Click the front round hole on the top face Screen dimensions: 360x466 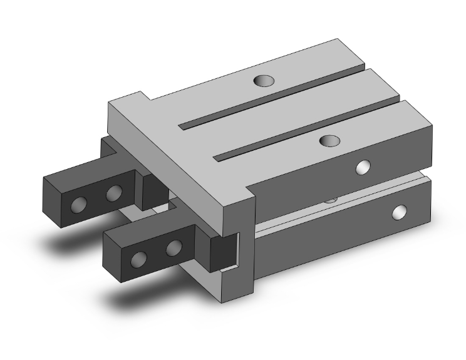[x=329, y=140]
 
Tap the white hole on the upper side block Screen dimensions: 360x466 [x=362, y=167]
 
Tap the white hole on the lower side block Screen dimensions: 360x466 [x=398, y=213]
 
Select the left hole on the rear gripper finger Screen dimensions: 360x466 [x=80, y=205]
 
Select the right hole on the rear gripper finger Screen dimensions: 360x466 [x=113, y=193]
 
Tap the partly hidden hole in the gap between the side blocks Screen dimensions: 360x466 [x=331, y=200]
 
